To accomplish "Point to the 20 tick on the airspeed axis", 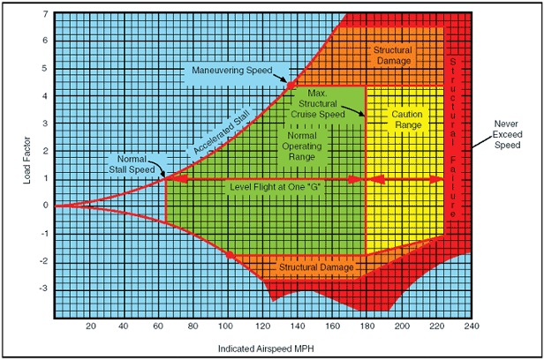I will tap(90, 326).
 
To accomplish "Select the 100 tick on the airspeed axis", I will tap(227, 326).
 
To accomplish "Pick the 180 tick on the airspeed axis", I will tap(366, 326).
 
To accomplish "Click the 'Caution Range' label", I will tap(405, 120).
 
